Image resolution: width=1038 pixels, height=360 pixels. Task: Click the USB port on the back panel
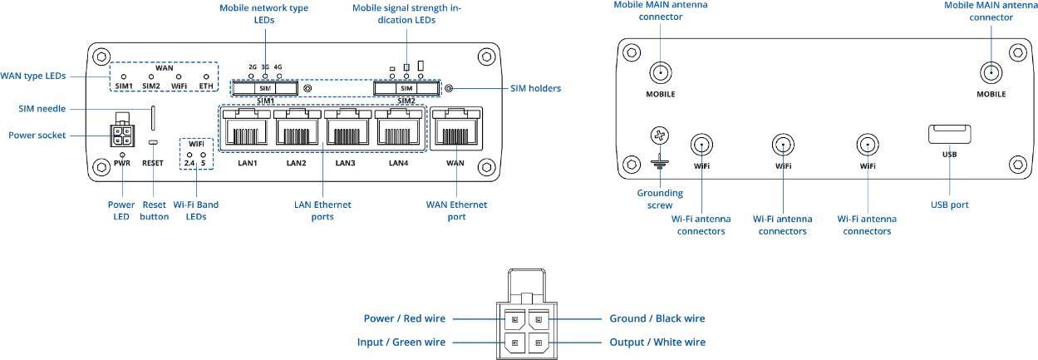click(947, 133)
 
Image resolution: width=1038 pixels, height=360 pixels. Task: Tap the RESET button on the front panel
click(153, 143)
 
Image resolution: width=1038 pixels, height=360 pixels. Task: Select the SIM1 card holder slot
click(265, 87)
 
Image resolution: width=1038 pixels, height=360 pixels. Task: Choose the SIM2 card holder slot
click(406, 87)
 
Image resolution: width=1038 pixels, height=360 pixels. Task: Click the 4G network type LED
click(278, 76)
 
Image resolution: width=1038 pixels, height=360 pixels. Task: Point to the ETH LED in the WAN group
click(205, 76)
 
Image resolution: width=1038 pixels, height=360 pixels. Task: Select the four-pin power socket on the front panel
click(123, 135)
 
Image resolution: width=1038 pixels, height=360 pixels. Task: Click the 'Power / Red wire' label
click(405, 319)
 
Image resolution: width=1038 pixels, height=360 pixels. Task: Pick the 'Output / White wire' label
click(658, 342)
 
